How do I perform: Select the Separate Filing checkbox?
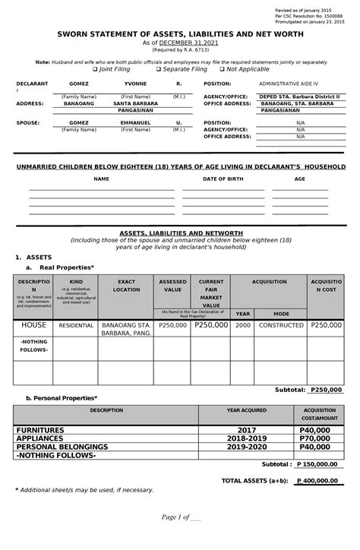[x=157, y=69]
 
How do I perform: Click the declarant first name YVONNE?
[x=135, y=84]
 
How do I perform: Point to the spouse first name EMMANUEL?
[x=135, y=122]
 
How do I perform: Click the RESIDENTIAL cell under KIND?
[x=76, y=325]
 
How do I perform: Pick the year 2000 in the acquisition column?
[x=242, y=325]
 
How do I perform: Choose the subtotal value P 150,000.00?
[x=319, y=464]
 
